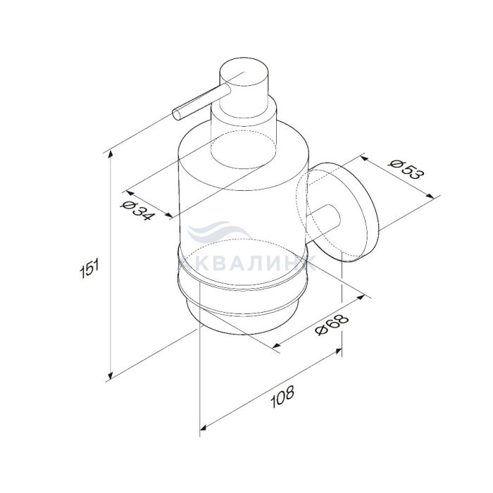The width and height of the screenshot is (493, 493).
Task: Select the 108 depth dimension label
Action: tap(282, 397)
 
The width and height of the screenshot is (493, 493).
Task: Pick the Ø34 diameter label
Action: tap(137, 210)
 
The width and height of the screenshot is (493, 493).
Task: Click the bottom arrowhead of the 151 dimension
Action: tap(111, 375)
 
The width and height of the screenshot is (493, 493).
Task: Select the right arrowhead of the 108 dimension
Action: tap(338, 351)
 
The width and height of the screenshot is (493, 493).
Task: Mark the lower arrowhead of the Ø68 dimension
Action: tap(276, 346)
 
